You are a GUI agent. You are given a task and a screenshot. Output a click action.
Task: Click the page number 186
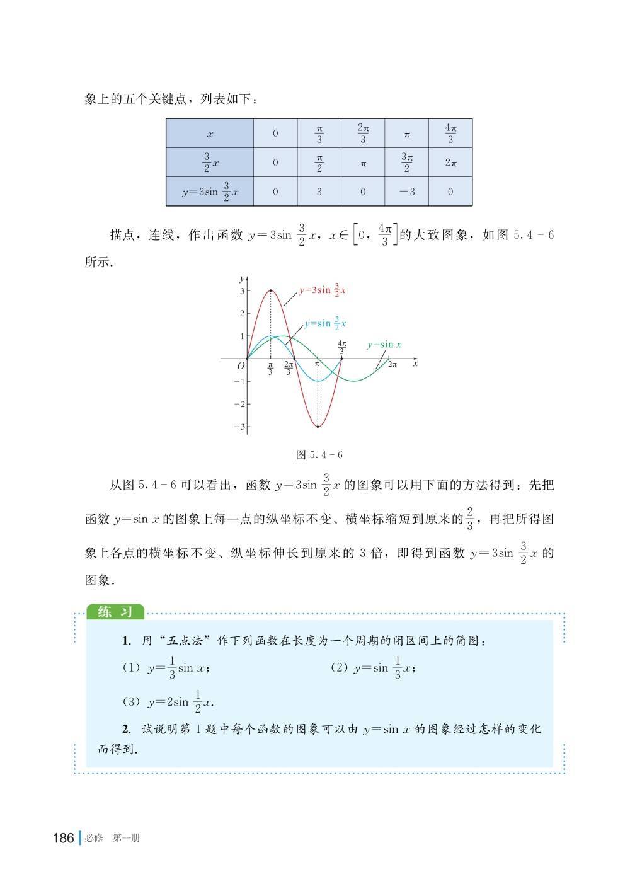point(64,838)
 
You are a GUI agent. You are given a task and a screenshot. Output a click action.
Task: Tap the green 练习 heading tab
point(115,612)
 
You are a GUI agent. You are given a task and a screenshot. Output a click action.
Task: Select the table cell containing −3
point(407,192)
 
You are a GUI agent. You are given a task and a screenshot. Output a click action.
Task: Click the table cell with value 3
point(319,192)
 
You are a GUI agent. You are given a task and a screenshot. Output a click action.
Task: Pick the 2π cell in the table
point(450,163)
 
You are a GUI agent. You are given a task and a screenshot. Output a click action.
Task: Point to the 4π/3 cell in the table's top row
point(450,134)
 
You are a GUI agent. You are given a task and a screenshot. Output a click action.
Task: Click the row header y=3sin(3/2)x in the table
point(210,192)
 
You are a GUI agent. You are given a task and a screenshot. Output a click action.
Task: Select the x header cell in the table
point(210,134)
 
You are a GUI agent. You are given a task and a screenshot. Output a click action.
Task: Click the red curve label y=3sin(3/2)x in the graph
point(322,290)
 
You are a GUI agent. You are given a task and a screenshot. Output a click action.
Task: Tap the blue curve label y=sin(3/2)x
point(325,323)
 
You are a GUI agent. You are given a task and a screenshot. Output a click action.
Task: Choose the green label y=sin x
point(384,345)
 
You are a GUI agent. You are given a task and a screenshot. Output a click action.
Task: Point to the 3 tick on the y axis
point(242,291)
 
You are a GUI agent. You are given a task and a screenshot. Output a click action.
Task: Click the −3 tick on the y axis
point(239,427)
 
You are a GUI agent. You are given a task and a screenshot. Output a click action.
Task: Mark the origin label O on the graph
point(241,366)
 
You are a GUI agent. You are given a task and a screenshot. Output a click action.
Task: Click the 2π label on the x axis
point(392,365)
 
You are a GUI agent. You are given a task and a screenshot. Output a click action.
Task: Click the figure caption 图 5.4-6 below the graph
point(319,454)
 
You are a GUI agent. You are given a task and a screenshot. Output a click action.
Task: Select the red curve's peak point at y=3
point(271,290)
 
